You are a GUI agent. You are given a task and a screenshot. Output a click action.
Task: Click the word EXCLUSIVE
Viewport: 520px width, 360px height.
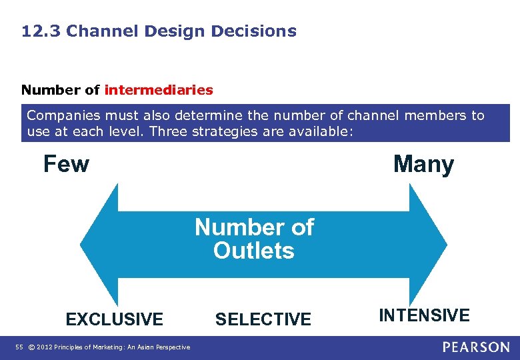114,319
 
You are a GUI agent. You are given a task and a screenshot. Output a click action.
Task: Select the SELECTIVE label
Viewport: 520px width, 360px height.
263,319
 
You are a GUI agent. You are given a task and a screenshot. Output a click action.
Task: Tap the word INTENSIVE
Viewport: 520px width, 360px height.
424,315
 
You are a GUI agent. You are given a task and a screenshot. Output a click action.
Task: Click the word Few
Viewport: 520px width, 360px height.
66,163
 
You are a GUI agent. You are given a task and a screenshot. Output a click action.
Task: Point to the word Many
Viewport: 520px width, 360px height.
423,163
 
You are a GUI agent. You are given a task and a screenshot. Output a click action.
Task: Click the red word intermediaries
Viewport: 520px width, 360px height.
159,89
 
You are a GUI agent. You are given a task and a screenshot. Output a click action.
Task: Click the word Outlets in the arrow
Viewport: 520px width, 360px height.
254,251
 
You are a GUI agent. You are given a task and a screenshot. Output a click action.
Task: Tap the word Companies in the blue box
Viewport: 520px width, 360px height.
58,115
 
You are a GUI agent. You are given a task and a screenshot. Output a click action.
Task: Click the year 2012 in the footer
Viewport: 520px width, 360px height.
45,347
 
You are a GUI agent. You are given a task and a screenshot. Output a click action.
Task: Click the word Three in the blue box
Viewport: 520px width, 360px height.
168,131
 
